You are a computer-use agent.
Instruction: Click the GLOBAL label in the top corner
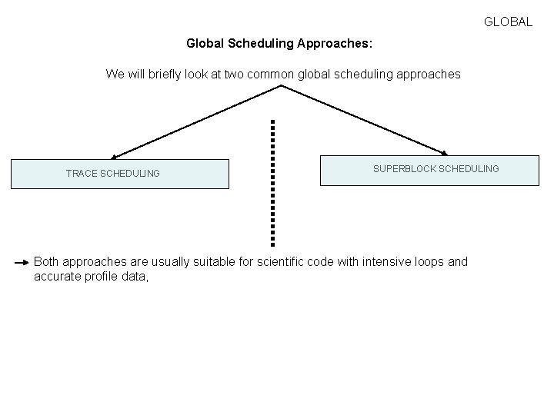pos(508,22)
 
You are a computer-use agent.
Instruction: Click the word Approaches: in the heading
pos(335,44)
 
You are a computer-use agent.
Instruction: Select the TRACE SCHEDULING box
pos(119,174)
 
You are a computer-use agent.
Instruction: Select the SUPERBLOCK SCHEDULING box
pos(429,171)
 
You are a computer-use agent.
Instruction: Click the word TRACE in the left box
pos(82,174)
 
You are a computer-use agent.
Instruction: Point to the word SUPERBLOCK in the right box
pos(404,168)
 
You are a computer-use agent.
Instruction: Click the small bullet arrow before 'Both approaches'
pos(23,262)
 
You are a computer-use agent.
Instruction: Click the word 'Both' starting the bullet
pos(47,261)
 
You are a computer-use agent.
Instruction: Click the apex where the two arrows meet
pos(282,86)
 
